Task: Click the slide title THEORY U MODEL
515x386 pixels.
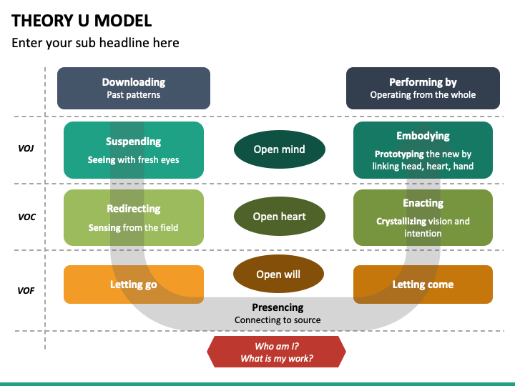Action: coord(82,20)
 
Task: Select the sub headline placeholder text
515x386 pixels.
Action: coord(95,43)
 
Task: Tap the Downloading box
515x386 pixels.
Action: coord(134,88)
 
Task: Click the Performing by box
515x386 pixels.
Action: coord(423,88)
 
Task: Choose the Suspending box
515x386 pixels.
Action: coord(134,150)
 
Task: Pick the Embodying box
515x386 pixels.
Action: coord(423,150)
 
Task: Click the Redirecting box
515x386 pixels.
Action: coord(134,217)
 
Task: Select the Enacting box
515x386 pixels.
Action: coord(423,217)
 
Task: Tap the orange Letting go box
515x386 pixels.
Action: coord(134,284)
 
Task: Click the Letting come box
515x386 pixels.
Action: coord(423,284)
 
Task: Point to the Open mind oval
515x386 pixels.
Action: coord(279,149)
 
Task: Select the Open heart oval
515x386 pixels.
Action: coord(279,217)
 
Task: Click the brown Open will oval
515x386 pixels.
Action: coord(278,274)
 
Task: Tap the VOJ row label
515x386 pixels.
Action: coord(26,149)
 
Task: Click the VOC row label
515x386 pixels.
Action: coord(26,217)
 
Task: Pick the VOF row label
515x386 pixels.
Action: coord(26,291)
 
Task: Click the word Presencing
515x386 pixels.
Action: coord(278,307)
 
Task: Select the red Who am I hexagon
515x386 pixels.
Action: coord(276,352)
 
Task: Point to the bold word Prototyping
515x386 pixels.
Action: coord(399,154)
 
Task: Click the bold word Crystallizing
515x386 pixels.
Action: coord(406,221)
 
